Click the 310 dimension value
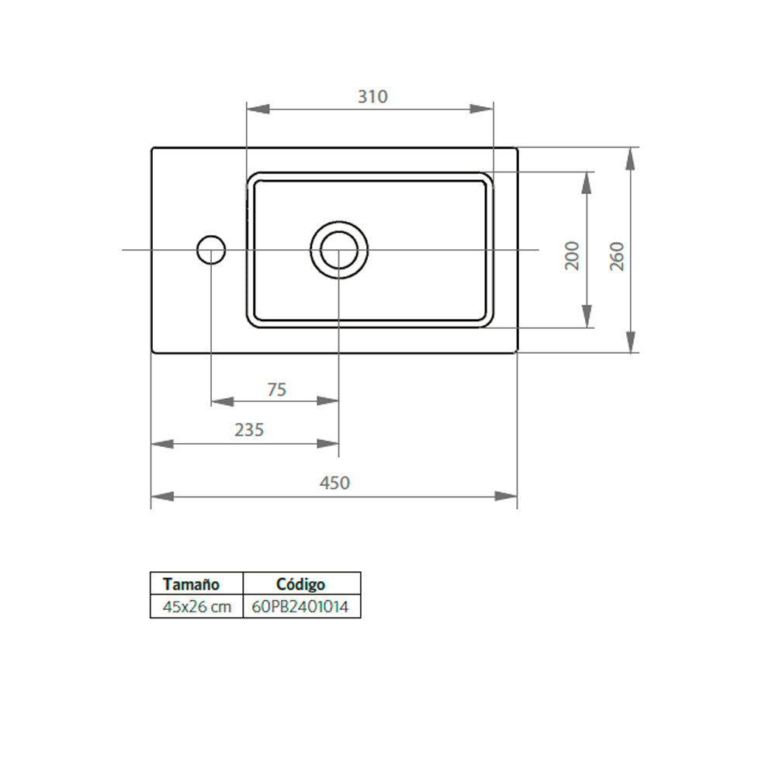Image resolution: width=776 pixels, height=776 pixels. pos(372,97)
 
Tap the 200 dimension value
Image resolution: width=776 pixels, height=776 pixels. pos(573,255)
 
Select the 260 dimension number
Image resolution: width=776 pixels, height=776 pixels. pos(618,255)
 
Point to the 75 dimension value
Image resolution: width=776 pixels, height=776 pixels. pos(276,390)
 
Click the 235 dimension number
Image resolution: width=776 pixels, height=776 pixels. pos(249,430)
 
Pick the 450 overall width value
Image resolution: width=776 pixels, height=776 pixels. pos(334,483)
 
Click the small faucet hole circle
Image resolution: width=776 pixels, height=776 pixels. pos(211,250)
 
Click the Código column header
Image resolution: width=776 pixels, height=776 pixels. pos(301,584)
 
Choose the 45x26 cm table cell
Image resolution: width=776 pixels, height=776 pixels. pos(196,608)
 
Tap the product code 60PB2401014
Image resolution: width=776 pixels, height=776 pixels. pos(301,608)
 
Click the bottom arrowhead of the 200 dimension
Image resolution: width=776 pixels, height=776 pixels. pos(587,317)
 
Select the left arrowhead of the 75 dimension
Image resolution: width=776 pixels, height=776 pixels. pos(222,401)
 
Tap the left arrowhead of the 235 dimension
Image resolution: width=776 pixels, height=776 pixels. pos(161,444)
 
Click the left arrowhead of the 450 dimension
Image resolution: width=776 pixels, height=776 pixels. pos(161,496)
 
